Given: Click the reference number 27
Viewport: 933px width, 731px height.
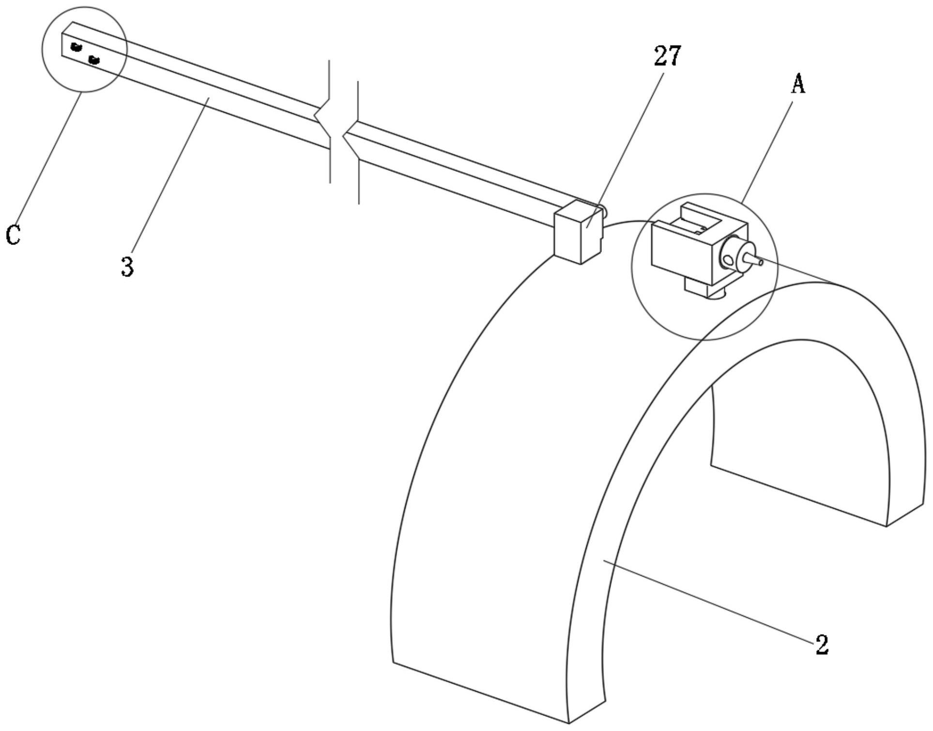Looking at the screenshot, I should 667,56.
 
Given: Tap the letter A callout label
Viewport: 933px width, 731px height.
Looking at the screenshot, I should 798,84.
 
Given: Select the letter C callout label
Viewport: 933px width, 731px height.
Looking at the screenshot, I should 13,235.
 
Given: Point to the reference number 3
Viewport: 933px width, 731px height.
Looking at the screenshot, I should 127,267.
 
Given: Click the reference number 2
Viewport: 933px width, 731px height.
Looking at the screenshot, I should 822,644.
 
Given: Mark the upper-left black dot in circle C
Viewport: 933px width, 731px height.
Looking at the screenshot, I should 76,47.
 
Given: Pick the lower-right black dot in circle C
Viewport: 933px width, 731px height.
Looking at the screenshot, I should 94,60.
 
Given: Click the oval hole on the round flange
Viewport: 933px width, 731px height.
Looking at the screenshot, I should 727,261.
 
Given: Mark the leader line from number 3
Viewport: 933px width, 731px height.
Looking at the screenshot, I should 169,179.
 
